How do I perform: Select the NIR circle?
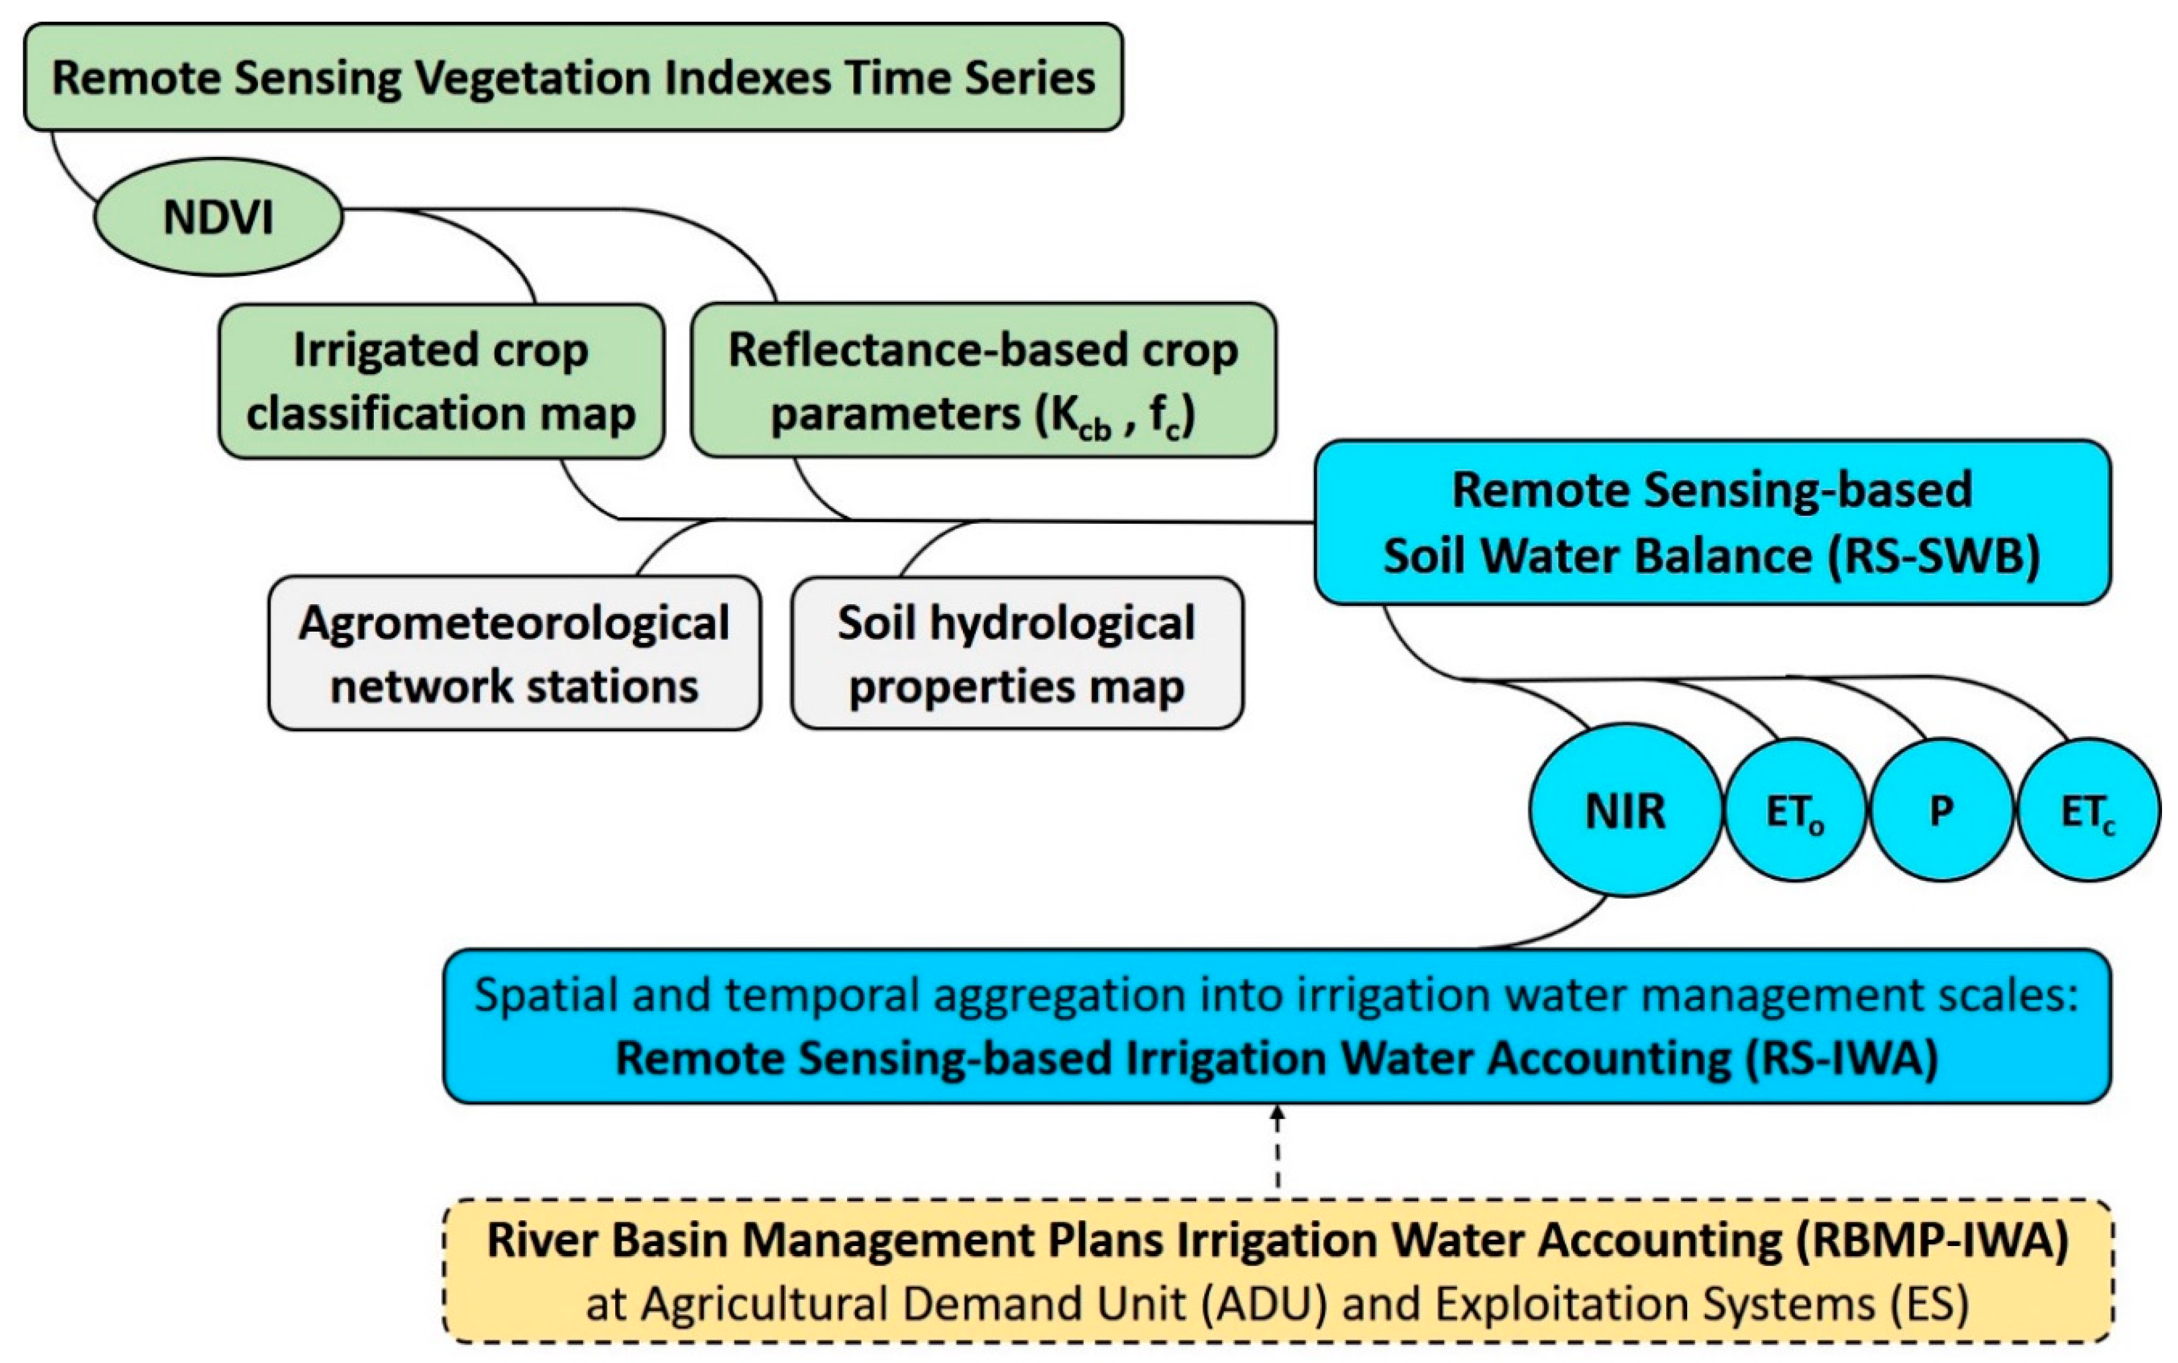tap(1625, 810)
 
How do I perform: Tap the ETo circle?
tap(1794, 810)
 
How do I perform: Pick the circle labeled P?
tap(1942, 810)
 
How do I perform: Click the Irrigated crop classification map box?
tap(441, 381)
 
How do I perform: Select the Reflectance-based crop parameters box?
tap(983, 381)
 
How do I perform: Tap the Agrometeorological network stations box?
tap(514, 654)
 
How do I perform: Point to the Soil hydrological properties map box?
tap(1017, 654)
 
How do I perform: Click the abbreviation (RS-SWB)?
tap(1934, 555)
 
